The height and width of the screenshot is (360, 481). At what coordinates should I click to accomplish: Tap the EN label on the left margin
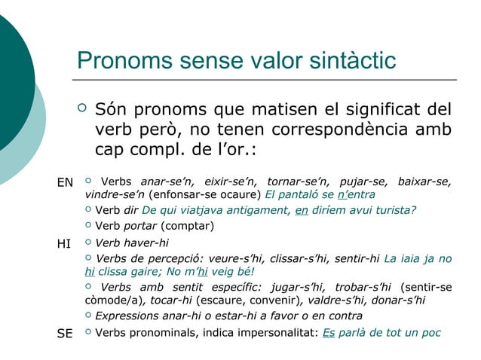click(x=66, y=182)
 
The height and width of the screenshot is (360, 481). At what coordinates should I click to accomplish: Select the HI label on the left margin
click(x=65, y=244)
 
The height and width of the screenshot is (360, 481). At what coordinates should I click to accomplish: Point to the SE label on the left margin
click(x=66, y=334)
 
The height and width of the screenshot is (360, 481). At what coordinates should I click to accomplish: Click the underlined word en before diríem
click(x=302, y=210)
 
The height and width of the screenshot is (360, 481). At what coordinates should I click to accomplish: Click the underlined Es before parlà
click(x=328, y=333)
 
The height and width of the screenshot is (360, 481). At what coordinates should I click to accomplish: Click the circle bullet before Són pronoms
click(x=83, y=109)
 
